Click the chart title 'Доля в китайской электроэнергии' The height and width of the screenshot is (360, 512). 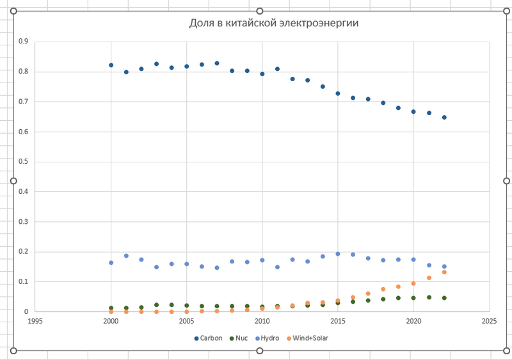[x=273, y=24]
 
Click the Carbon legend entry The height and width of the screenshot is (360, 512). [x=209, y=338]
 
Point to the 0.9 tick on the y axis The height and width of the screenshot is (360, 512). [x=24, y=42]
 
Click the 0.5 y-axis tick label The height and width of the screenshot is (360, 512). [x=24, y=162]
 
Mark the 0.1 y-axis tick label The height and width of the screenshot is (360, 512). [x=24, y=282]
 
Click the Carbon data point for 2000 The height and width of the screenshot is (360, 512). [x=111, y=65]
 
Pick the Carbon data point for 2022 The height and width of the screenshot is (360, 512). [x=444, y=117]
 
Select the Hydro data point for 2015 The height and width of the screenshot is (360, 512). [x=338, y=254]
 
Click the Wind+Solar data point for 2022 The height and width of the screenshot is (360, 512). [x=444, y=272]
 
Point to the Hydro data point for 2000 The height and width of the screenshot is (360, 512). [x=111, y=263]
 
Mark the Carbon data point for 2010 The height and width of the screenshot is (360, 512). [x=262, y=74]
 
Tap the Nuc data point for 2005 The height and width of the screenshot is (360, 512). [x=187, y=306]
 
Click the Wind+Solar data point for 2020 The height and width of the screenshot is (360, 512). [x=413, y=283]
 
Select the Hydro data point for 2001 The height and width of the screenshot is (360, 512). [x=126, y=256]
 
